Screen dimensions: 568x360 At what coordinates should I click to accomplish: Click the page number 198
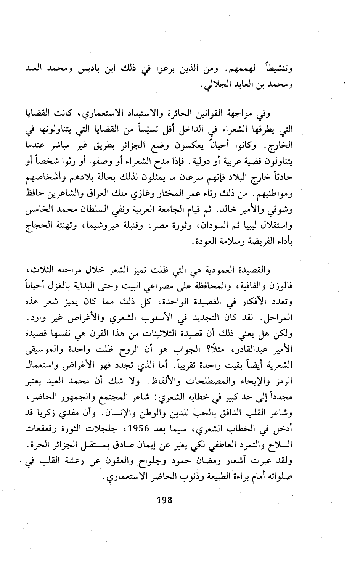(165, 500)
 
